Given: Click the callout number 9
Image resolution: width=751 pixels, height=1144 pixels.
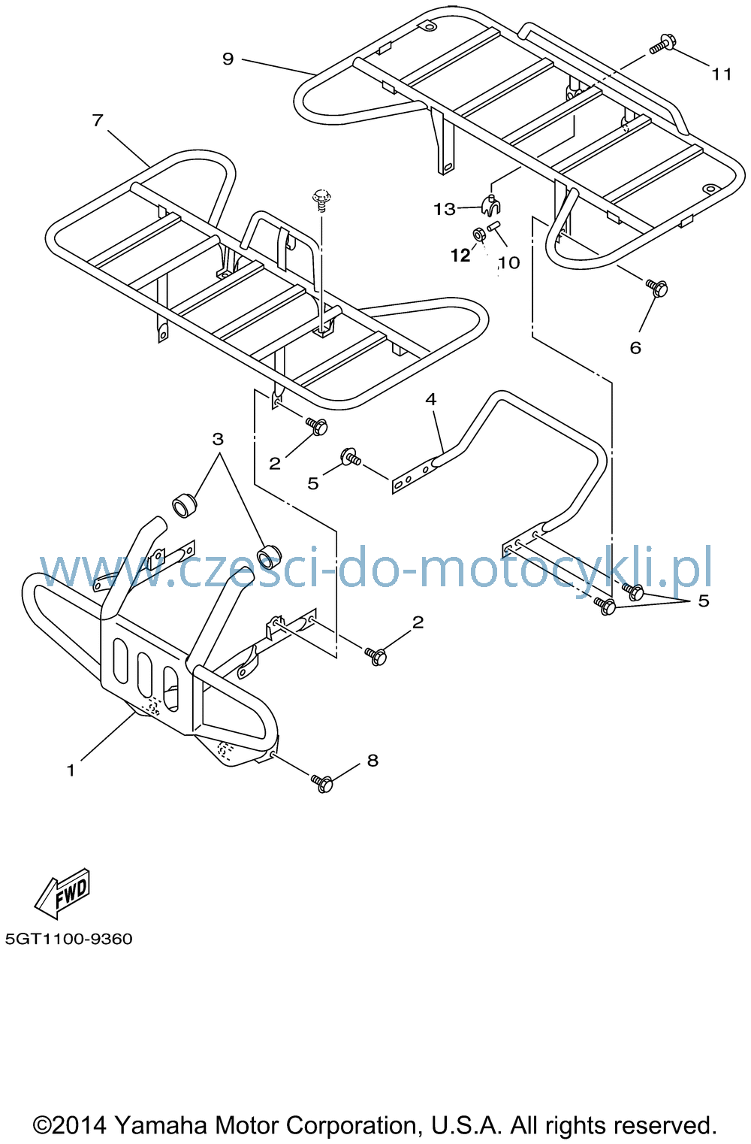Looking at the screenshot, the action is (228, 59).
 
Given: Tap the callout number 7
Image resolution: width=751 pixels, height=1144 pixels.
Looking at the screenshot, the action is (98, 120).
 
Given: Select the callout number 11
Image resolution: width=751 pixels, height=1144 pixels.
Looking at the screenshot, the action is (722, 74).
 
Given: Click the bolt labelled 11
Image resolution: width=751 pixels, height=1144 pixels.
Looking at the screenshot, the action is (662, 44).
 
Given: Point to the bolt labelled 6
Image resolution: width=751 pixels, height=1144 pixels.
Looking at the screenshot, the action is (656, 288).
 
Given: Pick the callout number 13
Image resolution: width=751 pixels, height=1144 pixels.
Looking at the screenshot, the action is (445, 209).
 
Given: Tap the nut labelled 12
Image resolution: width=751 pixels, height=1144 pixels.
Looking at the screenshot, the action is (479, 235).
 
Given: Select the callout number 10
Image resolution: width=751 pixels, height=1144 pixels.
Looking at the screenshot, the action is (508, 262).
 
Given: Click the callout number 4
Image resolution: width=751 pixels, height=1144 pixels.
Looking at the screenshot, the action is (431, 399).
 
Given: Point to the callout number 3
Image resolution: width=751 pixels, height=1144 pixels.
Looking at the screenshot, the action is (218, 439).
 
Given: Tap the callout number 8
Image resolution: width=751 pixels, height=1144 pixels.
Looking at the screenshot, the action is (373, 761).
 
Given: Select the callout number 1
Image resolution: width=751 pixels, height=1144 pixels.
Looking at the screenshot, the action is (71, 770).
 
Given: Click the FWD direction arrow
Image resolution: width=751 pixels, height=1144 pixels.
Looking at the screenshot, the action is (62, 894).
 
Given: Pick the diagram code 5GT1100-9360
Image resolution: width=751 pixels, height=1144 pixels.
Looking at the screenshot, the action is (69, 939).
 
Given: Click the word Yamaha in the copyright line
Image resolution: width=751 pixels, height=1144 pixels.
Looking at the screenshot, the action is (161, 1124).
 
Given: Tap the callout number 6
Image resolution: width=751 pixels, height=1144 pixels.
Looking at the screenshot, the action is (635, 348).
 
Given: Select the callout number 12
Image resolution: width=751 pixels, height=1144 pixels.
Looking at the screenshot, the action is (460, 256).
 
